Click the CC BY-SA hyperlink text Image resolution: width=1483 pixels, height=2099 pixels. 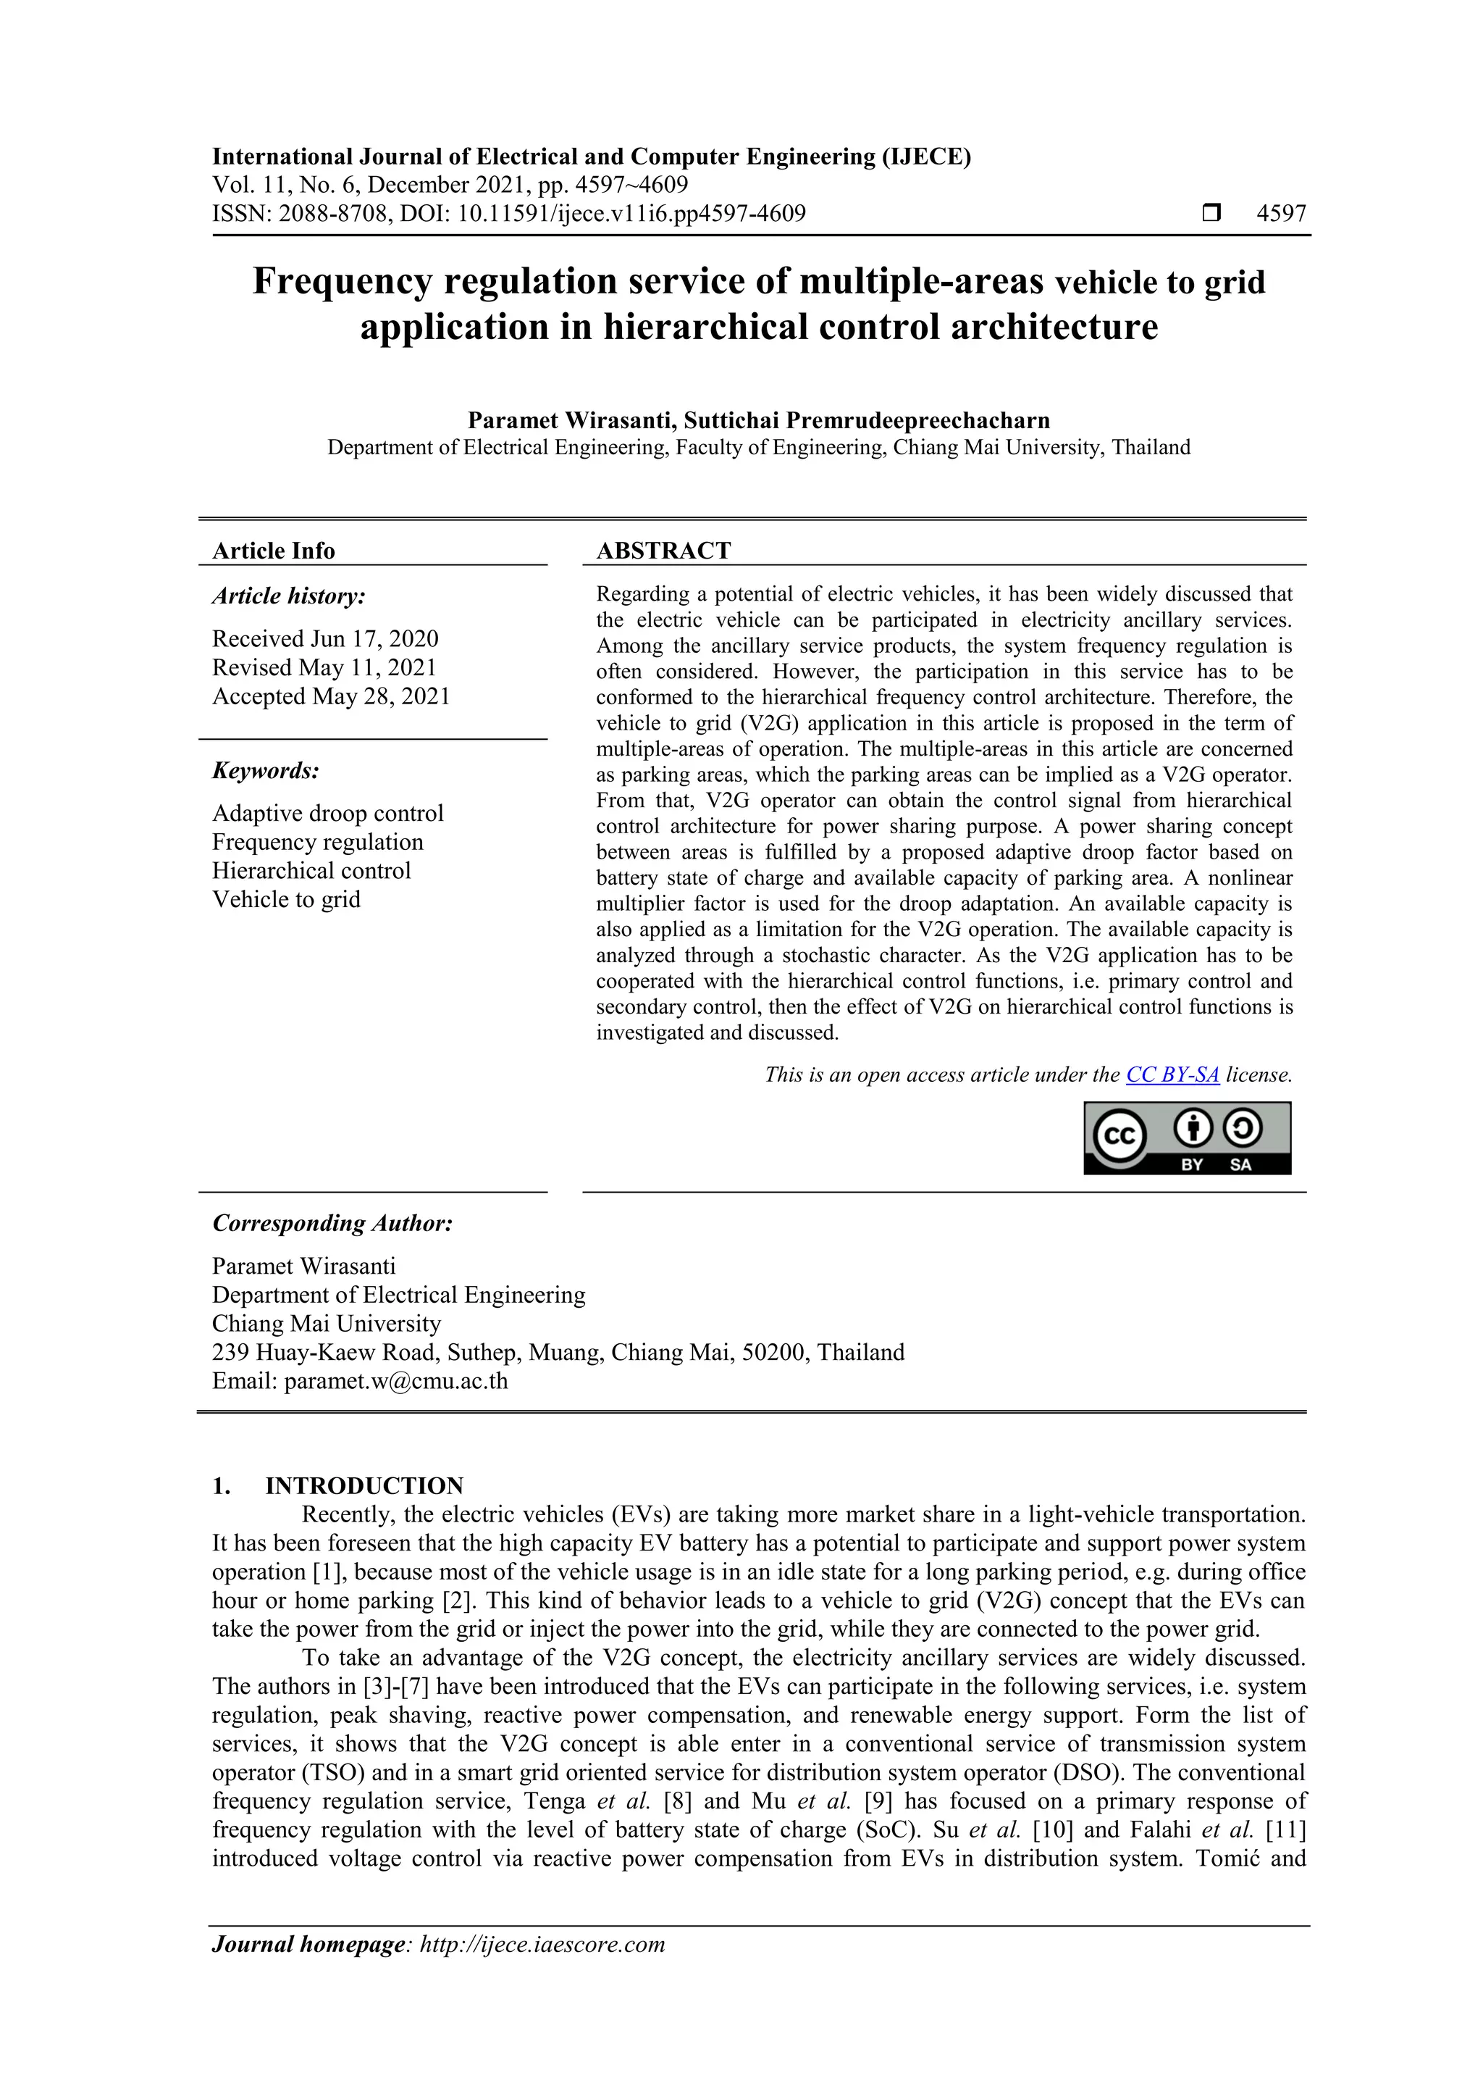[x=1172, y=1075]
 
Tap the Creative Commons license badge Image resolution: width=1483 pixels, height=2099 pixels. [x=1187, y=1138]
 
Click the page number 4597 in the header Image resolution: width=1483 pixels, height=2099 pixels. [x=1281, y=214]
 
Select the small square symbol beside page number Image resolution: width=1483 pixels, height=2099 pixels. [x=1211, y=214]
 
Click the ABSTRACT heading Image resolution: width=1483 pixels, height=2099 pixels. [x=663, y=551]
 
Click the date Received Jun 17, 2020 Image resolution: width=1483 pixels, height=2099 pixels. [x=325, y=638]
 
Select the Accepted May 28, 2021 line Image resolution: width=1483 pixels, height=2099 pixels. [x=331, y=696]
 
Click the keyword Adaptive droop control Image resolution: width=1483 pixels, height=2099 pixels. [x=327, y=813]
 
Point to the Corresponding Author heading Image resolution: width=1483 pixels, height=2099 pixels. [x=332, y=1223]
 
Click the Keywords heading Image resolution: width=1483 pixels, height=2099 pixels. [x=266, y=771]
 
